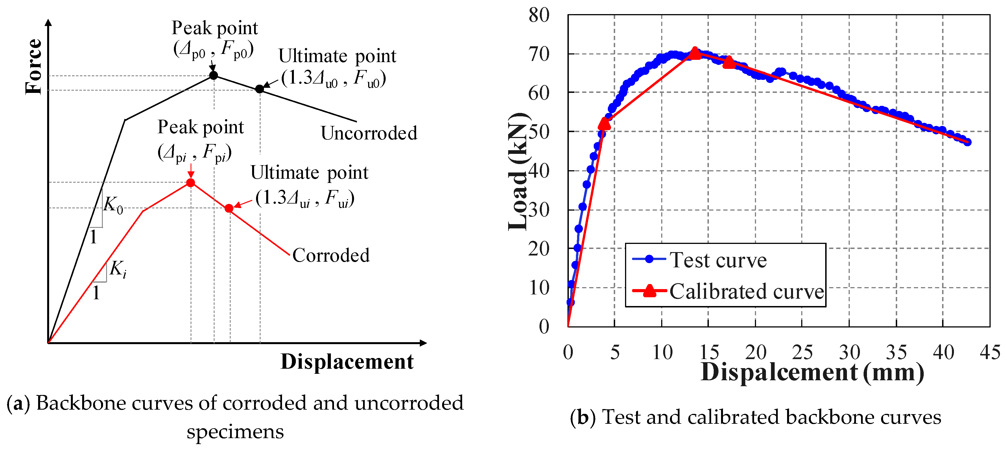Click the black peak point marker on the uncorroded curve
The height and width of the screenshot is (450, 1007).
[213, 75]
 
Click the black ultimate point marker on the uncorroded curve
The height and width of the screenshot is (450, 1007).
[259, 89]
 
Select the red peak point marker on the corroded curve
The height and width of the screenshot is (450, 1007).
[190, 183]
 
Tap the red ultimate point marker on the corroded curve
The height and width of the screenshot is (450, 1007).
[229, 208]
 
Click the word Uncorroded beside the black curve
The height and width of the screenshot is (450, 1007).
[369, 133]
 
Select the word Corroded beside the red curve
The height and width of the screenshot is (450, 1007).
[331, 255]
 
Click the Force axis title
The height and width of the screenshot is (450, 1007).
[34, 66]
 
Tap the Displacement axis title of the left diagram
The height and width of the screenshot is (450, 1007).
[347, 361]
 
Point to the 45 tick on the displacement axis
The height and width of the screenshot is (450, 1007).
[989, 352]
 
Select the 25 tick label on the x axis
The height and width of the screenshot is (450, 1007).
[802, 352]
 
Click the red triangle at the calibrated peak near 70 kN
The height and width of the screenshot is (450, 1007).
[695, 53]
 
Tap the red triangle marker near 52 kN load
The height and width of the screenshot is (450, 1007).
[604, 124]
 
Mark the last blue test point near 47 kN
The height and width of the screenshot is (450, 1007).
[967, 142]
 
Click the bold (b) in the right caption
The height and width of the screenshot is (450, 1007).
[582, 417]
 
